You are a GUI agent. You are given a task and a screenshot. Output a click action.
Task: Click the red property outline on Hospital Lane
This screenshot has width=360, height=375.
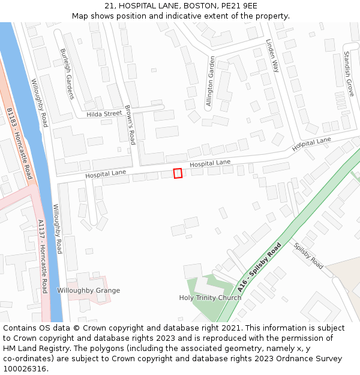click(x=178, y=173)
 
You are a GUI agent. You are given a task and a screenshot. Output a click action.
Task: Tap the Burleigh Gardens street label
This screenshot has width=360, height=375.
click(x=66, y=74)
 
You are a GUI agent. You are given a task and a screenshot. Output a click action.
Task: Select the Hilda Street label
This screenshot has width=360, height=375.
click(x=104, y=114)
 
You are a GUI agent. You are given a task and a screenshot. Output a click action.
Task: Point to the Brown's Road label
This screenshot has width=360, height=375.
click(x=130, y=125)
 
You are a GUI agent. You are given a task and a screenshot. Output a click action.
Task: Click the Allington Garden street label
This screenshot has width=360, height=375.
click(x=210, y=82)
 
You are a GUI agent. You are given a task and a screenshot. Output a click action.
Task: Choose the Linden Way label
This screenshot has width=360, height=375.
click(x=272, y=56)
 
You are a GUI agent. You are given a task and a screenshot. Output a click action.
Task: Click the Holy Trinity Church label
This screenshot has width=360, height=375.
click(x=210, y=298)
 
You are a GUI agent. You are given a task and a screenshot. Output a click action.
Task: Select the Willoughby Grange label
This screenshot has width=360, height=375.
click(x=88, y=290)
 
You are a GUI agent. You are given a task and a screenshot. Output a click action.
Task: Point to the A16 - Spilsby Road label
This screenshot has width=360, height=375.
click(x=259, y=267)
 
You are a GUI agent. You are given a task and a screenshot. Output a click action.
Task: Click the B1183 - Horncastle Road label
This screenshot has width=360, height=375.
click(x=19, y=143)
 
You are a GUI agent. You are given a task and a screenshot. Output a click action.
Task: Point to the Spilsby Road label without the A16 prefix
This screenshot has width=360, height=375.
click(x=308, y=256)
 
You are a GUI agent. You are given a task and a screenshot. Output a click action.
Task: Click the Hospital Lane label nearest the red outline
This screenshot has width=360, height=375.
click(x=210, y=163)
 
